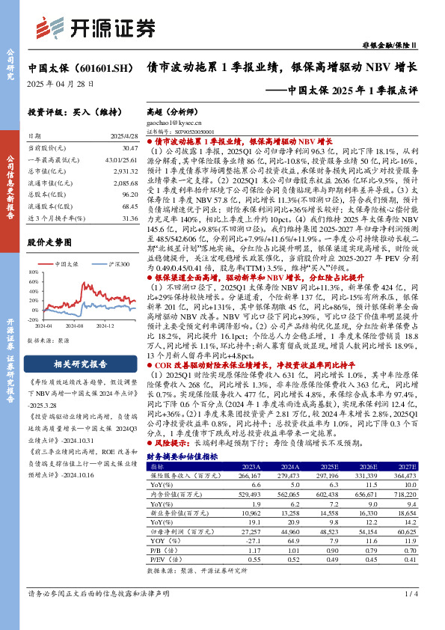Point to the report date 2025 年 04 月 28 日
(x=61, y=84)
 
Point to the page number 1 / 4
(x=410, y=615)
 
